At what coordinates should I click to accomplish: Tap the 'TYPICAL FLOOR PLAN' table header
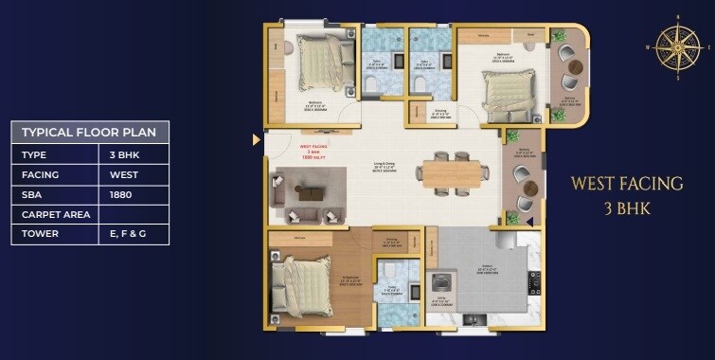[x=90, y=132]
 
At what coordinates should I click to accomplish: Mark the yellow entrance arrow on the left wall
[x=257, y=139]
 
